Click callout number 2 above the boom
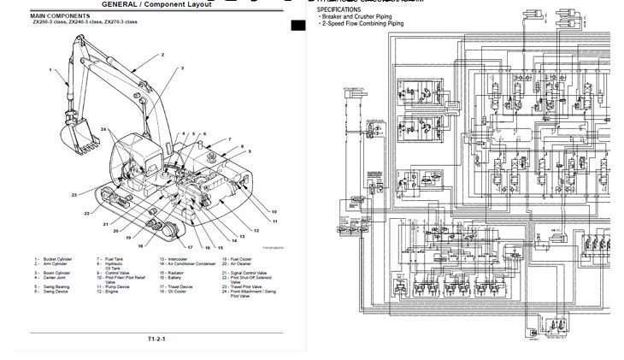click(162, 55)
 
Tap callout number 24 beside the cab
click(103, 129)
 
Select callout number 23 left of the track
click(74, 195)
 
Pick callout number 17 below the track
click(191, 247)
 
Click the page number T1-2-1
click(156, 339)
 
